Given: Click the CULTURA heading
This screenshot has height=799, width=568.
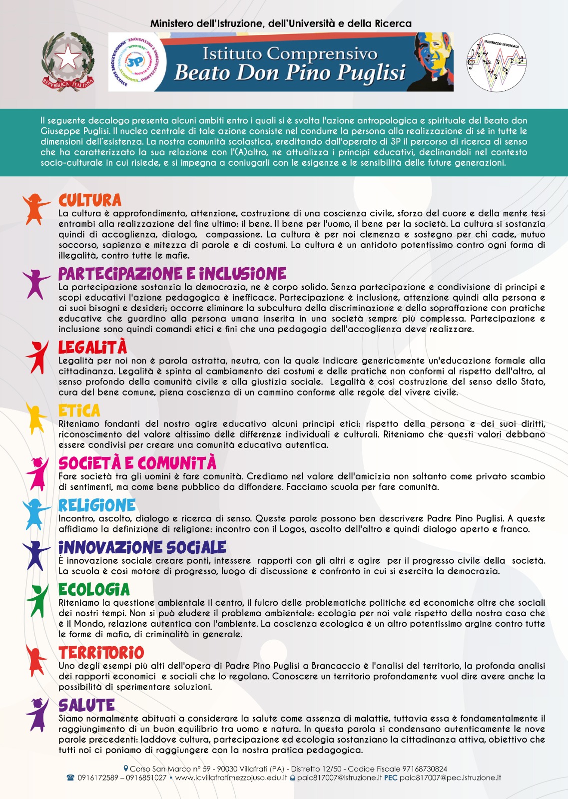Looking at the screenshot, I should point(90,201).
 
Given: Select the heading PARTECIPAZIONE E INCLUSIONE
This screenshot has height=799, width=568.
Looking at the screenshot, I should point(172,274).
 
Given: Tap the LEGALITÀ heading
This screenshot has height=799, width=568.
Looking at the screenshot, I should point(93,348).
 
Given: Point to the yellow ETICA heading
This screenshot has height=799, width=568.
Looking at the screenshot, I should point(79,410).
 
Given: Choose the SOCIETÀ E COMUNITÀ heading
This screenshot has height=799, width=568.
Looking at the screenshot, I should point(137,463).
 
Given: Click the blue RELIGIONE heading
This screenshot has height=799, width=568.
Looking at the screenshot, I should point(97,505).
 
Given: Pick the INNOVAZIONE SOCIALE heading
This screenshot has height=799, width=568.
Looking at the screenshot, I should point(142,547).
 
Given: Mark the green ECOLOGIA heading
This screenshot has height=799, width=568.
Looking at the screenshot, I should point(94,590).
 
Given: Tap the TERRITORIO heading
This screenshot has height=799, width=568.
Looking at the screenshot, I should point(101,653).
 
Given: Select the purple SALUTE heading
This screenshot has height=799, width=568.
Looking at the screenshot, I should point(87,705).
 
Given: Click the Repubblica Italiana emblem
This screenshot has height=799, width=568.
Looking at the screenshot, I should point(68,61).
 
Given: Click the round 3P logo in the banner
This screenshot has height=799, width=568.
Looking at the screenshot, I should point(134,62).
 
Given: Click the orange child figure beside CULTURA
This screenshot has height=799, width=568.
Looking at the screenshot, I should point(35,208).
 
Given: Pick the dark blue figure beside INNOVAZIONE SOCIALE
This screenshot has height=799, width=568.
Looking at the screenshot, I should point(36,555).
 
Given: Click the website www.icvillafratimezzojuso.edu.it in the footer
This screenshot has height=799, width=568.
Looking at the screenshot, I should point(231,778).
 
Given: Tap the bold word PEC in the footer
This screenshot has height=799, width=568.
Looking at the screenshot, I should point(391,778).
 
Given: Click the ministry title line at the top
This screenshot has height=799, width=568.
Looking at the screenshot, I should point(281,23).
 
